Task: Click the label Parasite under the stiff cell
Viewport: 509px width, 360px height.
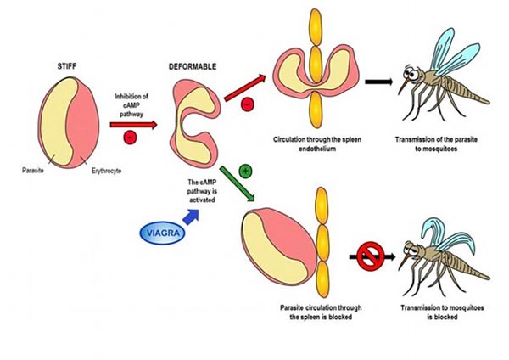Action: (33, 169)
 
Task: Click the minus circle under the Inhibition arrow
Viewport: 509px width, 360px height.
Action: (127, 136)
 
